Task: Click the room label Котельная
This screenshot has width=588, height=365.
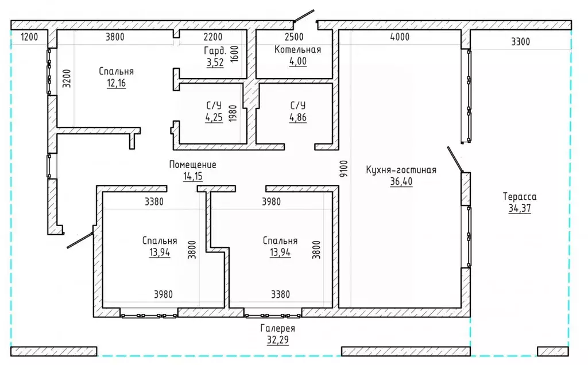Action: [298, 50]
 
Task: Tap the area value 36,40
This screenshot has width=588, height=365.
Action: [401, 182]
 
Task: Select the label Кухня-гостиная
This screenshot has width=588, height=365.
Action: [401, 170]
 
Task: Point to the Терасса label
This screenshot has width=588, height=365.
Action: [520, 196]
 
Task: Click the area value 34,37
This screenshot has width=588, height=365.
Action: [520, 208]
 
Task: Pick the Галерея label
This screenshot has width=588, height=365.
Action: [278, 328]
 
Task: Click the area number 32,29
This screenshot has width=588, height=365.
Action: [278, 340]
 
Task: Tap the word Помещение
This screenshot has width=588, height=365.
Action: [193, 165]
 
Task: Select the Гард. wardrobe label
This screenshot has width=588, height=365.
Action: [215, 51]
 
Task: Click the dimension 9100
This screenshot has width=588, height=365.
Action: [344, 169]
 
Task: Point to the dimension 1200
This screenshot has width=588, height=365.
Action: [29, 37]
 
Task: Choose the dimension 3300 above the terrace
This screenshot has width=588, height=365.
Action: [520, 41]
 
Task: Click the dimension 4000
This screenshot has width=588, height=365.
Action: [400, 37]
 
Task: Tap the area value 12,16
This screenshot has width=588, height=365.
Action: [116, 83]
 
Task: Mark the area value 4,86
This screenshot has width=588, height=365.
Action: [298, 118]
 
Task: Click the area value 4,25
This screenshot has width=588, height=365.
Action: [214, 118]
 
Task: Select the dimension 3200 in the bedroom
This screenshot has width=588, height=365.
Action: [67, 79]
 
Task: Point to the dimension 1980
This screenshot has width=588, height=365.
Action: [233, 113]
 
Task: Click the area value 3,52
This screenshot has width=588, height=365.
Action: [215, 63]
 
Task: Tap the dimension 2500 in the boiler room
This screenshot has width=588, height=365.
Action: [294, 37]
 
